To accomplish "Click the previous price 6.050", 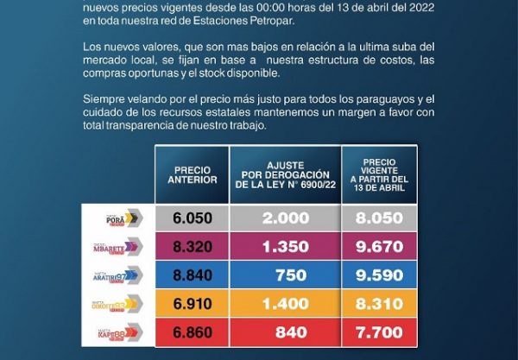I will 193,218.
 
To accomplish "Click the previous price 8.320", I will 193,246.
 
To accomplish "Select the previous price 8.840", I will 193,275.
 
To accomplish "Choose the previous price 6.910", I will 193,304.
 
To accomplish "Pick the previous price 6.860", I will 193,332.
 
